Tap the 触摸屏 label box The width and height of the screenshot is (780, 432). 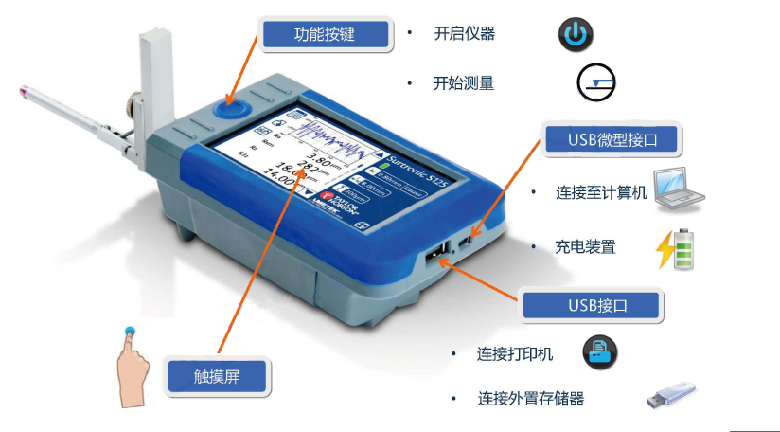click(218, 376)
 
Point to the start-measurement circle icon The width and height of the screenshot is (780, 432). click(596, 82)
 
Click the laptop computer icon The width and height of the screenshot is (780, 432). click(681, 189)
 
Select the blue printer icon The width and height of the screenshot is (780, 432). click(599, 353)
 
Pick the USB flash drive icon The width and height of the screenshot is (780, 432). click(671, 395)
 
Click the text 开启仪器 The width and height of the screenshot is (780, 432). click(464, 34)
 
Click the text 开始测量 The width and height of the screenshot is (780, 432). click(464, 83)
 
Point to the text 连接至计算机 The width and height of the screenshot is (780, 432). click(601, 192)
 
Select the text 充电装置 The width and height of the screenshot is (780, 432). click(585, 246)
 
